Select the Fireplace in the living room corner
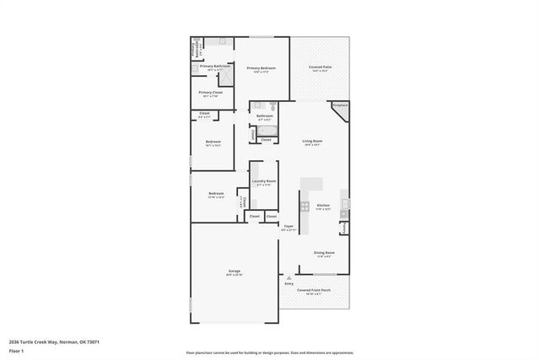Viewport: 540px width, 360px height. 339,107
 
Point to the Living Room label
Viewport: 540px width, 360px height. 313,142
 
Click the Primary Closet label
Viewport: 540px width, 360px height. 210,93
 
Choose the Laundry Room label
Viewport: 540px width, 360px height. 263,181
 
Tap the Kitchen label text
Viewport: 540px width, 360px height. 322,205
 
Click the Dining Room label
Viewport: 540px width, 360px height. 325,253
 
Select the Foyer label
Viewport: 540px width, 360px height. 288,227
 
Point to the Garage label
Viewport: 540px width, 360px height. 234,271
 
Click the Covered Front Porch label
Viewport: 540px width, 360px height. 313,291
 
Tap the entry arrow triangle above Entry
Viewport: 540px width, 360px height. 289,277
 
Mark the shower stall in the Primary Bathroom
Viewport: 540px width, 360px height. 224,78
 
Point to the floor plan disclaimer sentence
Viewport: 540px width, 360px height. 269,352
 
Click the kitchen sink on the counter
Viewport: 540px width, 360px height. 345,203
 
